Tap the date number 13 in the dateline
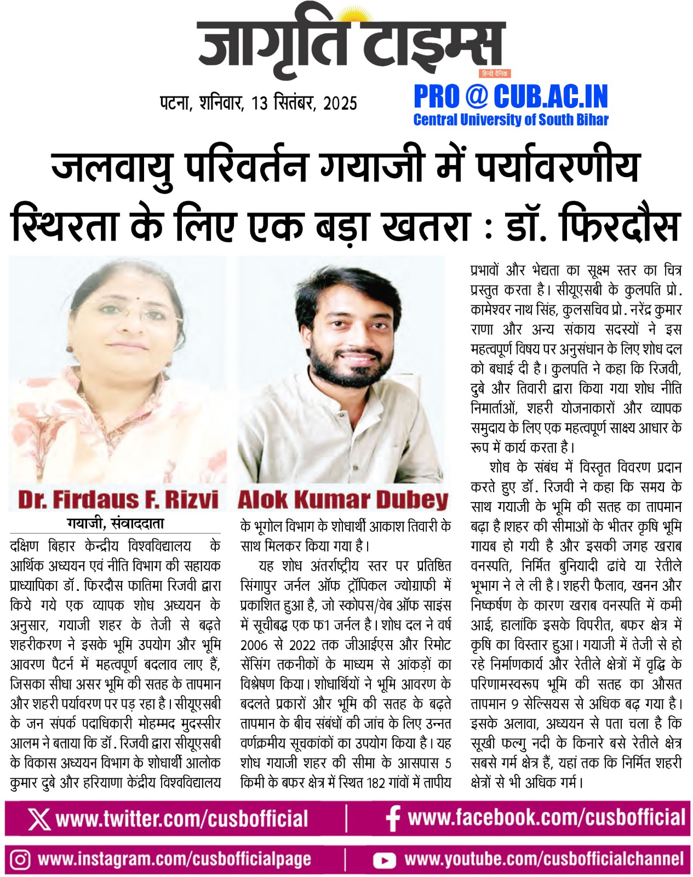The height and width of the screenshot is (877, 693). coord(259,103)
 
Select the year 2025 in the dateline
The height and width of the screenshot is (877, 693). coord(340,103)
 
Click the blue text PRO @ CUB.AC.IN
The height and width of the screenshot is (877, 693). coord(511,97)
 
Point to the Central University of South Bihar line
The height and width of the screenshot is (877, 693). coord(511,119)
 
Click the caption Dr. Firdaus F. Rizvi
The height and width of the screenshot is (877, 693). coord(118,499)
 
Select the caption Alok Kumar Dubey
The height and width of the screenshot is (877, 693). coord(343,499)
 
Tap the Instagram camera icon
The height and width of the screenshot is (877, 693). coord(20,859)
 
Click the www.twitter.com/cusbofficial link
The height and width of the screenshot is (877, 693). coord(182,819)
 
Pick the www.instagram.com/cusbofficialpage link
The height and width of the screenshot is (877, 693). coord(174,859)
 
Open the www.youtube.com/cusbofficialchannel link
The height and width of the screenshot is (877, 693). coord(544,859)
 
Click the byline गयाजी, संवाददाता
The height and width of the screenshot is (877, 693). coord(116,524)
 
